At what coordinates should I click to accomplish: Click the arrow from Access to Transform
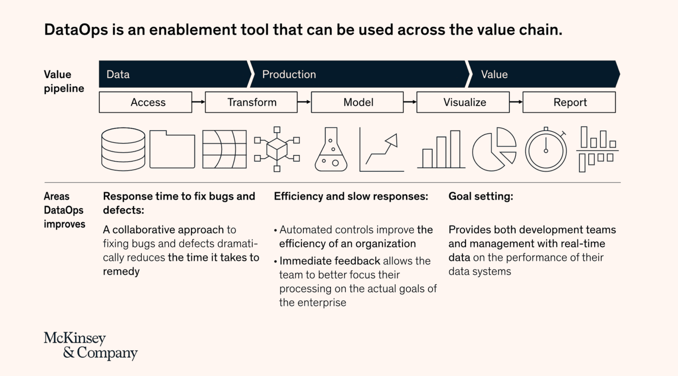pyautogui.click(x=199, y=102)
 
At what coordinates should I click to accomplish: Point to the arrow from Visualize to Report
pyautogui.click(x=516, y=102)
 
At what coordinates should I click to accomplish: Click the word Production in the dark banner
pyautogui.click(x=289, y=75)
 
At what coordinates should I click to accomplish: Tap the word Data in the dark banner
pyautogui.click(x=118, y=75)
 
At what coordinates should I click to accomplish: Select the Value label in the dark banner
pyautogui.click(x=494, y=75)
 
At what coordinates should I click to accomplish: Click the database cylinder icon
pyautogui.click(x=123, y=149)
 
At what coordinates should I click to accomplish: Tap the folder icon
pyautogui.click(x=172, y=149)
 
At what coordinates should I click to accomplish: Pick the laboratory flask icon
pyautogui.click(x=331, y=149)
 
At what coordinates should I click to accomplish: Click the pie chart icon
pyautogui.click(x=494, y=149)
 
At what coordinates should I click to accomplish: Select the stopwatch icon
pyautogui.click(x=546, y=149)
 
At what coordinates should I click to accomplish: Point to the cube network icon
pyautogui.click(x=277, y=149)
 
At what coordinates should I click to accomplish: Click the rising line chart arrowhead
pyautogui.click(x=392, y=140)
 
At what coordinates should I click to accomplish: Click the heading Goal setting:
pyautogui.click(x=481, y=196)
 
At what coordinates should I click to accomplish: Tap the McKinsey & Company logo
pyautogui.click(x=91, y=346)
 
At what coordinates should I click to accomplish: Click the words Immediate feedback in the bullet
pyautogui.click(x=330, y=261)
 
